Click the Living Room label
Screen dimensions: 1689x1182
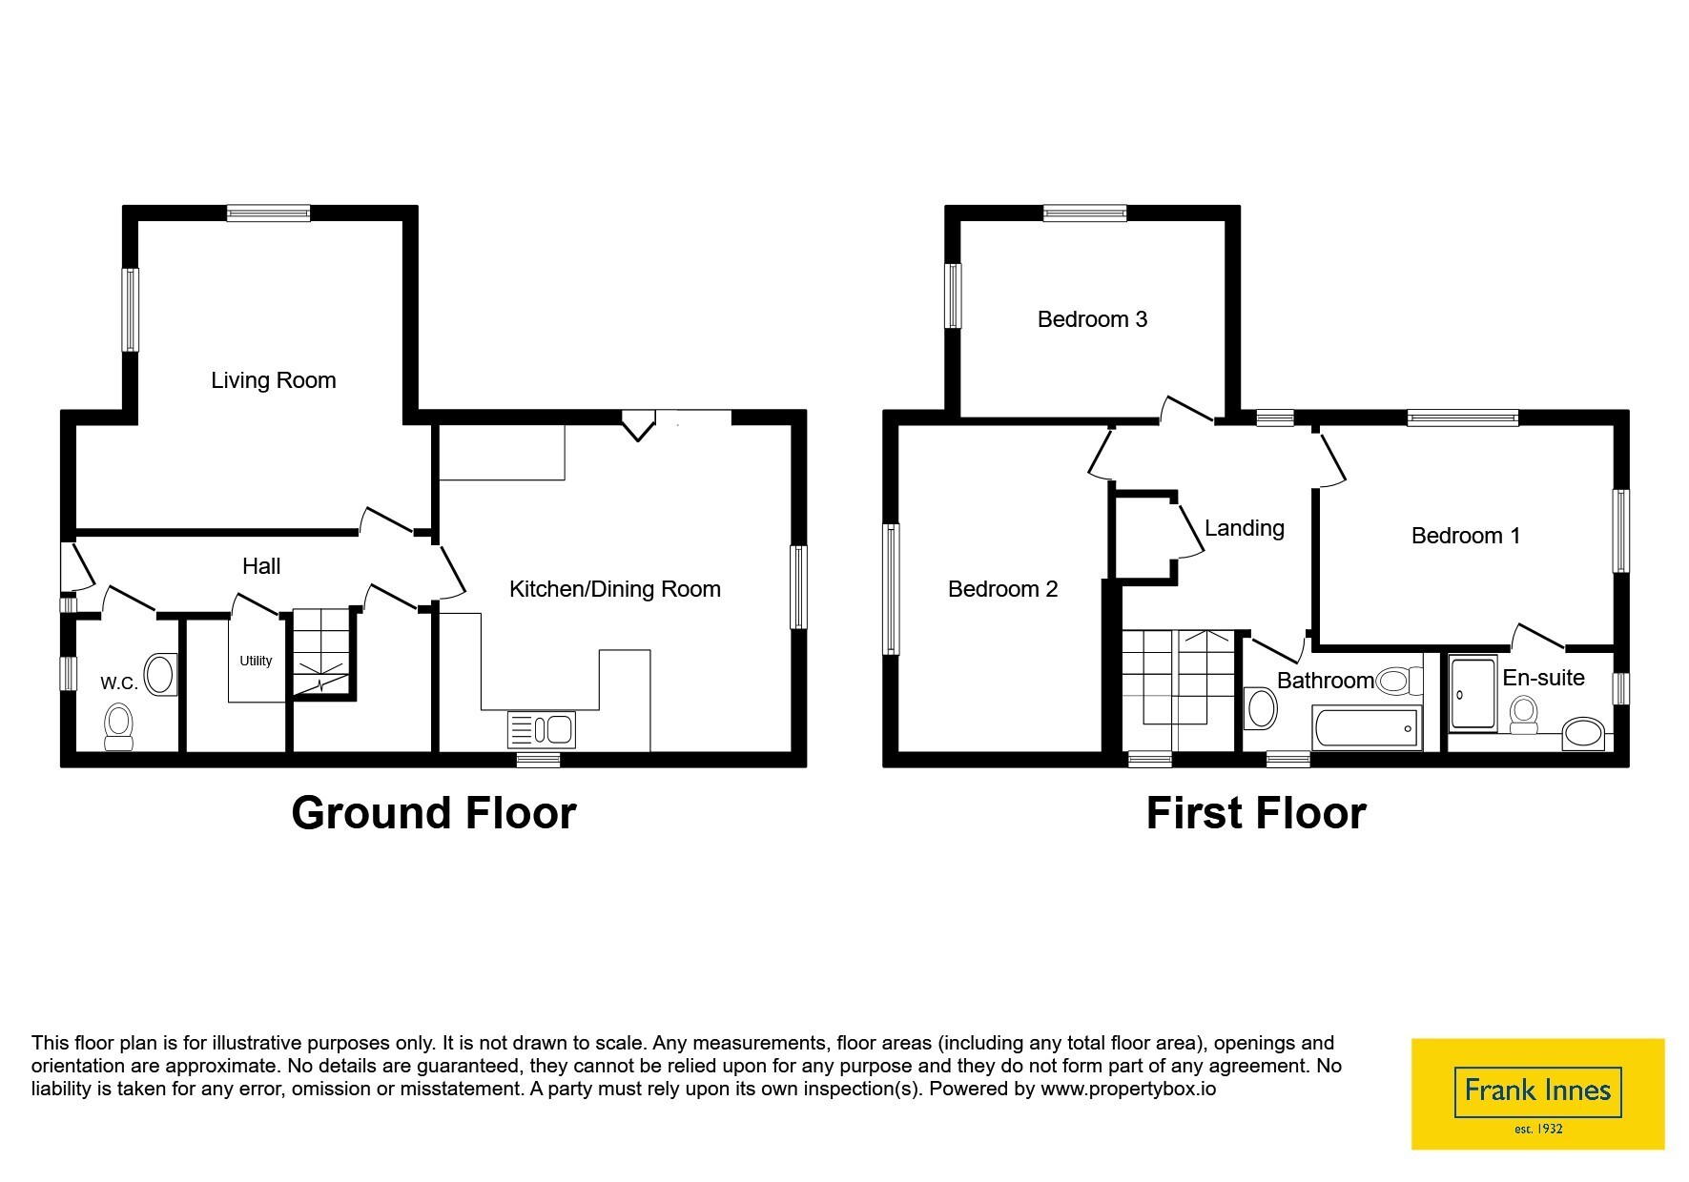(274, 381)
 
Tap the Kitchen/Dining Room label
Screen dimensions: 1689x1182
(615, 589)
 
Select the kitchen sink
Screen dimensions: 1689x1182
(542, 730)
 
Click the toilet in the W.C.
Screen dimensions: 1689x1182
(118, 727)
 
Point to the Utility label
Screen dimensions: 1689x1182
(256, 661)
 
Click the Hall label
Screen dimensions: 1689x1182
(261, 566)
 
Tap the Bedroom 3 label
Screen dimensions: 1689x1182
(1092, 319)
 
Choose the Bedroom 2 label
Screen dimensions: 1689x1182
(1003, 589)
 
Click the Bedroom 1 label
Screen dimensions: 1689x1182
(1466, 536)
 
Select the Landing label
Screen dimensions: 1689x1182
(1245, 529)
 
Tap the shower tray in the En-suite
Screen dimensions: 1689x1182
(1473, 693)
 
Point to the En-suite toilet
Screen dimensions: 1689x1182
(1524, 714)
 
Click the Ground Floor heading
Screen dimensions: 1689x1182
(434, 813)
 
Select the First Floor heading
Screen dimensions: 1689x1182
(1256, 813)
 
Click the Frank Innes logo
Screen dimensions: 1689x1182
(1537, 1093)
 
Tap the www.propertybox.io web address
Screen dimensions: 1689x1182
(1128, 1089)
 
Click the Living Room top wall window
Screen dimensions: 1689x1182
(268, 214)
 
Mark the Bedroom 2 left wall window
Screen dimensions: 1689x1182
(891, 589)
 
